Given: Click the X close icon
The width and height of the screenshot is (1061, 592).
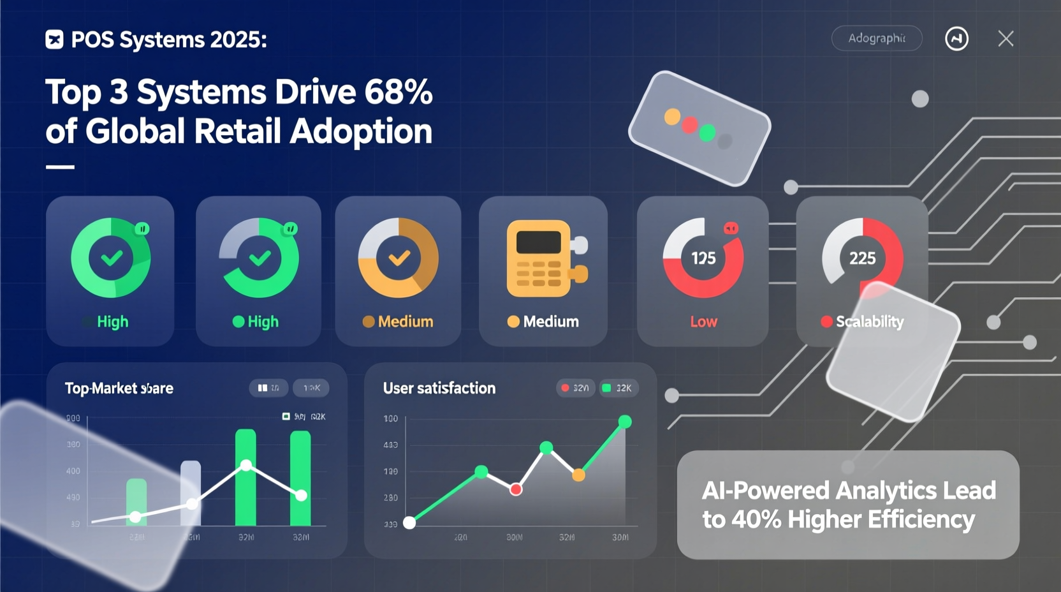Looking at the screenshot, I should click(1006, 39).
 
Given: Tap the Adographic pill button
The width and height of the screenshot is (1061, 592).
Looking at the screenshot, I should click(877, 38).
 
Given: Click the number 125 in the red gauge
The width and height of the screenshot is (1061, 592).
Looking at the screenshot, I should click(703, 258).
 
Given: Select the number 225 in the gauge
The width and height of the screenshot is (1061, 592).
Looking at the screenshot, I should click(862, 258).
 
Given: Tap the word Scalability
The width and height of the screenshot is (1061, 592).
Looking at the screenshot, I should click(870, 322).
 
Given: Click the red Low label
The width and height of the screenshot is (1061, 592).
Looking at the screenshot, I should click(703, 322).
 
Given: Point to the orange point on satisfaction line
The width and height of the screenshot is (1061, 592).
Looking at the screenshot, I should click(578, 475).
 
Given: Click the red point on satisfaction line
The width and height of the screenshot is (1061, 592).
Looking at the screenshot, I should click(516, 489).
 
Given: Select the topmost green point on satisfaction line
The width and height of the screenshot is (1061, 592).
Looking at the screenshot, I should click(625, 422).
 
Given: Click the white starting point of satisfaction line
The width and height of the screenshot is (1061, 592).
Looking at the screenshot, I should click(410, 523).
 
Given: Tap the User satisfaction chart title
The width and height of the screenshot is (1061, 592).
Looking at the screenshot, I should click(439, 388).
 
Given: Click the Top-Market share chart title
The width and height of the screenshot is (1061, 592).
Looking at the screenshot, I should click(119, 389).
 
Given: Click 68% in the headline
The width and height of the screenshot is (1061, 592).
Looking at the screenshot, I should click(399, 92).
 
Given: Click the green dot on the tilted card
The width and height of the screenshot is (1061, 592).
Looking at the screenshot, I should click(707, 133).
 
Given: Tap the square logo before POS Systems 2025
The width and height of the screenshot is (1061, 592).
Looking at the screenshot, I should click(54, 40).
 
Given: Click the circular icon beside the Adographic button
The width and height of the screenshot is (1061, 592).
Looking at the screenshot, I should click(956, 39).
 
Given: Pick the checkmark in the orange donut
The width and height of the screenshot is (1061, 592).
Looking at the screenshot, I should click(399, 258).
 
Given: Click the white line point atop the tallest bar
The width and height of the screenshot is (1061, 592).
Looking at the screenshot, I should click(246, 465).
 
